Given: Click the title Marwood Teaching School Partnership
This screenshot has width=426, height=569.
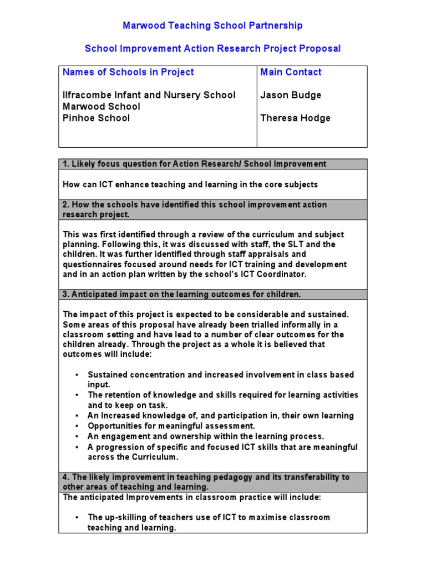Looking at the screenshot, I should pos(212,26).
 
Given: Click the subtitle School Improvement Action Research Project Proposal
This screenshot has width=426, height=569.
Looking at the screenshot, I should pos(212,48).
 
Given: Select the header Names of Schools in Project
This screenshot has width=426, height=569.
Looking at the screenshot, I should pos(128,72).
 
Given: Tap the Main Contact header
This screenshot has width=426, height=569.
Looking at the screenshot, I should pos(291,72).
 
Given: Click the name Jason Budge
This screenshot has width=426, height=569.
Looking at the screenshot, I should pos(291,95).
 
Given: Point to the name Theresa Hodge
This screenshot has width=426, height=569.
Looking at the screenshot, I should pos(295,118).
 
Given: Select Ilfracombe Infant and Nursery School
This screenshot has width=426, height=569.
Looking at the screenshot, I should pos(149,95).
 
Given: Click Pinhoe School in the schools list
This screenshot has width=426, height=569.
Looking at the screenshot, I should pos(97,118).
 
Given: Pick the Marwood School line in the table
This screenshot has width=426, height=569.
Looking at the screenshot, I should pos(102,107).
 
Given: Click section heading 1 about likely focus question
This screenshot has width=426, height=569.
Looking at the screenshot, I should pos(194,164).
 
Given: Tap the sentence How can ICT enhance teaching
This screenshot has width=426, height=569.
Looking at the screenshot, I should pos(190,184).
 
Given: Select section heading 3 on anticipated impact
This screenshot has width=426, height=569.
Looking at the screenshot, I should pos(182,295).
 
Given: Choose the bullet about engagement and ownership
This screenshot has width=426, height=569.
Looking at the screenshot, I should pos(205,436).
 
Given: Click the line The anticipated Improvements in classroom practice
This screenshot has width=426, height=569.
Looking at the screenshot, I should pos(192,497).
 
